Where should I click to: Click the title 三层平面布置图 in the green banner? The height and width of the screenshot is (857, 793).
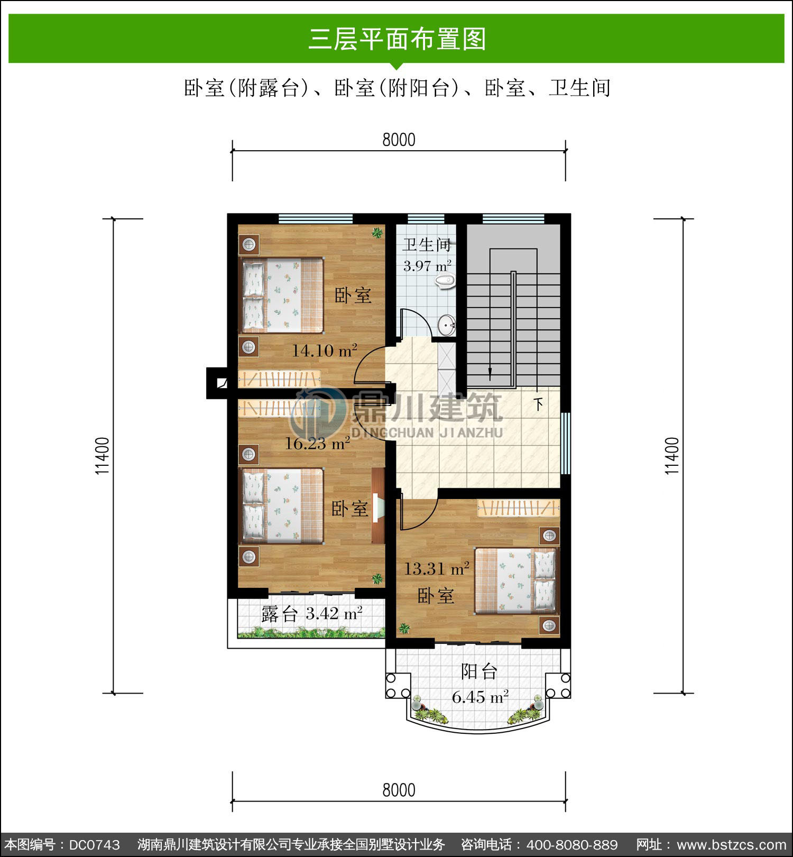pyautogui.click(x=397, y=39)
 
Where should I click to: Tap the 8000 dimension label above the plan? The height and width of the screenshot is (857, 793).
pyautogui.click(x=399, y=140)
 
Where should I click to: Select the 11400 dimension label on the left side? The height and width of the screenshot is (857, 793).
pyautogui.click(x=102, y=455)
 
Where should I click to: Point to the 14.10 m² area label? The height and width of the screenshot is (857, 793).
pyautogui.click(x=325, y=350)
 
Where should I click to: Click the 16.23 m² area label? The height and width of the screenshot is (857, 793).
pyautogui.click(x=318, y=443)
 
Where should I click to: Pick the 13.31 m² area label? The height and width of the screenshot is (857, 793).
pyautogui.click(x=437, y=569)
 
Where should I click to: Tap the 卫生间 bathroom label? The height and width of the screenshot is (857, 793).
pyautogui.click(x=427, y=245)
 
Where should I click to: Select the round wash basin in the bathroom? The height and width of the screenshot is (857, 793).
pyautogui.click(x=446, y=325)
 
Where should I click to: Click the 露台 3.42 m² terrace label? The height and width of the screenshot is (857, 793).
pyautogui.click(x=312, y=614)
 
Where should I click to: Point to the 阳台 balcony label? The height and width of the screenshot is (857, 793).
pyautogui.click(x=480, y=671)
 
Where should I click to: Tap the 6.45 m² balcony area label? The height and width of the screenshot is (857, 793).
pyautogui.click(x=480, y=697)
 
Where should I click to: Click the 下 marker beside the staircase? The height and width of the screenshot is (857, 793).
pyautogui.click(x=538, y=404)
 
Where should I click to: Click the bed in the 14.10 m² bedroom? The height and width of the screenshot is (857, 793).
pyautogui.click(x=282, y=296)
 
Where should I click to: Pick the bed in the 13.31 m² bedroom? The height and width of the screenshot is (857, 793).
pyautogui.click(x=515, y=580)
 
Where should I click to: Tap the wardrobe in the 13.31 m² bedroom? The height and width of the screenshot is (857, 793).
pyautogui.click(x=519, y=508)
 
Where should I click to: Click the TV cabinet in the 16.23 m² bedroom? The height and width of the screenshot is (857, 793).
pyautogui.click(x=378, y=506)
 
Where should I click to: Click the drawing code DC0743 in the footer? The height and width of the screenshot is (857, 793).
pyautogui.click(x=95, y=845)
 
